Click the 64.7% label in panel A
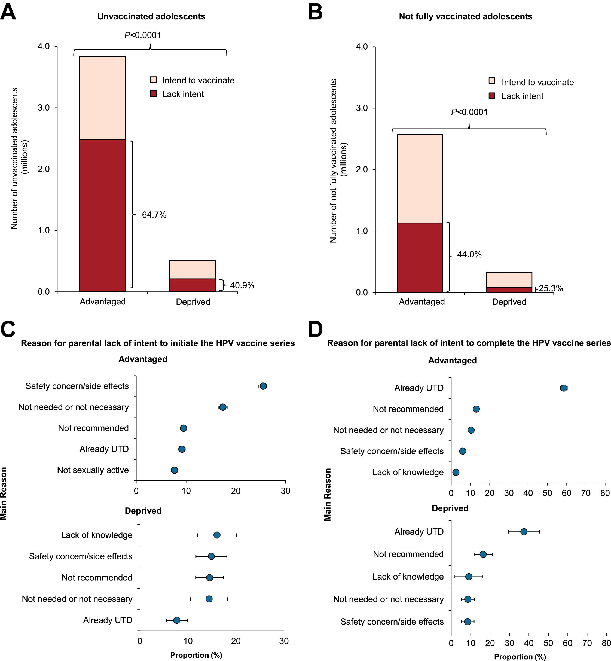(x=154, y=215)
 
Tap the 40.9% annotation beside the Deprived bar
(x=242, y=285)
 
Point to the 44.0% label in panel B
(x=469, y=254)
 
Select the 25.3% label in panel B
(x=551, y=288)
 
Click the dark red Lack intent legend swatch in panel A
(x=153, y=94)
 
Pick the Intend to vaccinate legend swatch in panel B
(x=492, y=81)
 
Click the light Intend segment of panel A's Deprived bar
(x=193, y=269)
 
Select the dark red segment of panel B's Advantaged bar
(x=420, y=258)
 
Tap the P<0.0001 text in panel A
(x=142, y=35)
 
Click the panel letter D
(x=315, y=330)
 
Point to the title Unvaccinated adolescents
(x=151, y=17)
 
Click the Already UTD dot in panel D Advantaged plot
(x=564, y=388)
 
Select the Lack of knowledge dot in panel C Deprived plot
(x=217, y=535)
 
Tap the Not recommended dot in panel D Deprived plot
(x=483, y=554)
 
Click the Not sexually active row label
(x=93, y=470)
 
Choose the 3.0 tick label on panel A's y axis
(x=44, y=108)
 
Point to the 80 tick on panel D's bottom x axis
(x=605, y=643)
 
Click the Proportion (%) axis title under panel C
(x=196, y=655)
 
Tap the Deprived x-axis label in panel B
(x=509, y=302)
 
